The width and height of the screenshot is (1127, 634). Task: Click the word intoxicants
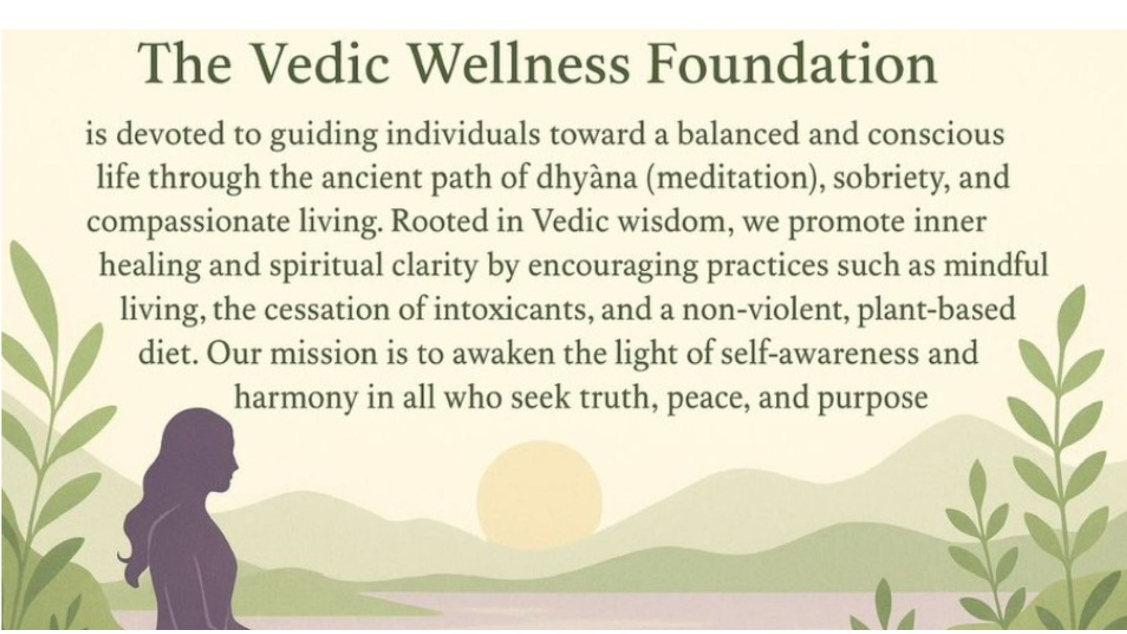coord(512,309)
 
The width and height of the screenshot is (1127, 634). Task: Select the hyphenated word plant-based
coord(936,309)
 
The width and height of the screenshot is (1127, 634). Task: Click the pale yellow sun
coord(539,495)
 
